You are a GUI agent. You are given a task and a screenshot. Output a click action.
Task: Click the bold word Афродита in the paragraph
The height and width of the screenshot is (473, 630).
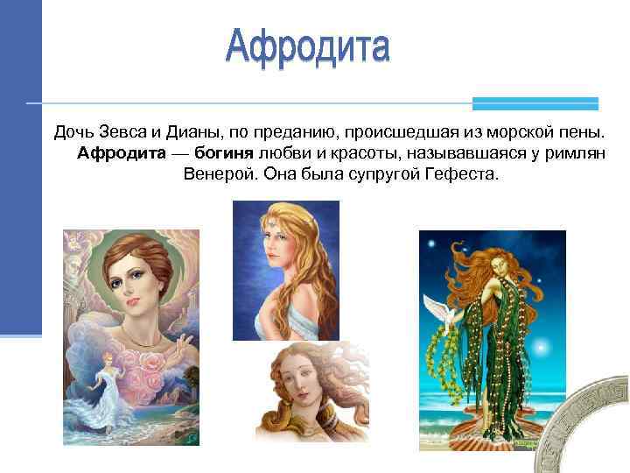pos(122,154)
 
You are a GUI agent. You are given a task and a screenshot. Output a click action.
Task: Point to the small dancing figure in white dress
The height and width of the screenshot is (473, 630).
pos(107,385)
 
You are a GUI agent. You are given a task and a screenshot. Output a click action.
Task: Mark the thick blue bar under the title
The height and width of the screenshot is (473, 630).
pos(535,103)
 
